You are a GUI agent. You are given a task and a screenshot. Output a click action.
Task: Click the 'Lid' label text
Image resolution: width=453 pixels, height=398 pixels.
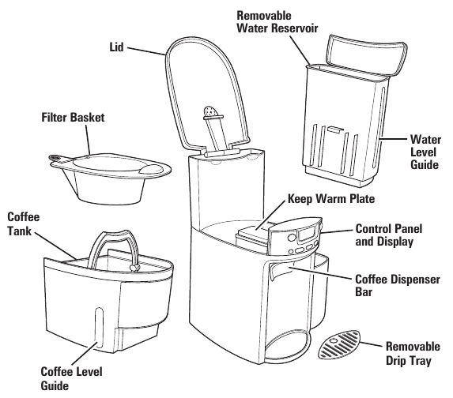click(x=117, y=47)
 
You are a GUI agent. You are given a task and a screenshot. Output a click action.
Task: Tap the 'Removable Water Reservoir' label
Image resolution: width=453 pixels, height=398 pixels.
click(x=277, y=22)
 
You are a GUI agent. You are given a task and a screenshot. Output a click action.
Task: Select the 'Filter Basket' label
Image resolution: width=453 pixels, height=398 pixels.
click(x=73, y=118)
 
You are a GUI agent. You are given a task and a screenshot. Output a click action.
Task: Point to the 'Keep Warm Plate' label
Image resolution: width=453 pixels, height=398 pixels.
click(x=331, y=199)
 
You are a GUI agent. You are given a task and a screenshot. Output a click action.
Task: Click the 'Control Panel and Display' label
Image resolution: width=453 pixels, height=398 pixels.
click(x=389, y=235)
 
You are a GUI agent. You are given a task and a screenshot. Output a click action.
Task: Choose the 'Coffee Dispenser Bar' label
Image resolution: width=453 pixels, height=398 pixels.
click(x=398, y=285)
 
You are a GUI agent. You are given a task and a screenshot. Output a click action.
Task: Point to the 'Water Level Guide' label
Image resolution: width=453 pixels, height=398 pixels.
click(x=425, y=152)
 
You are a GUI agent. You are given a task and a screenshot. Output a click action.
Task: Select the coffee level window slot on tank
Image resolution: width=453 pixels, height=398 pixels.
click(x=99, y=328)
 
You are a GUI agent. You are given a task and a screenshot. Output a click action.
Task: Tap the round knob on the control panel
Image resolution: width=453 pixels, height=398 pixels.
click(x=292, y=238)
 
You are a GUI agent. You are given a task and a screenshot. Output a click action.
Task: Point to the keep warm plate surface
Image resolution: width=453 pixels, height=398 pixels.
click(x=255, y=231)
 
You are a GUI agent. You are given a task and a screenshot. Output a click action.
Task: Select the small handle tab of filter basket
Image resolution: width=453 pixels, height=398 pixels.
click(x=56, y=158)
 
